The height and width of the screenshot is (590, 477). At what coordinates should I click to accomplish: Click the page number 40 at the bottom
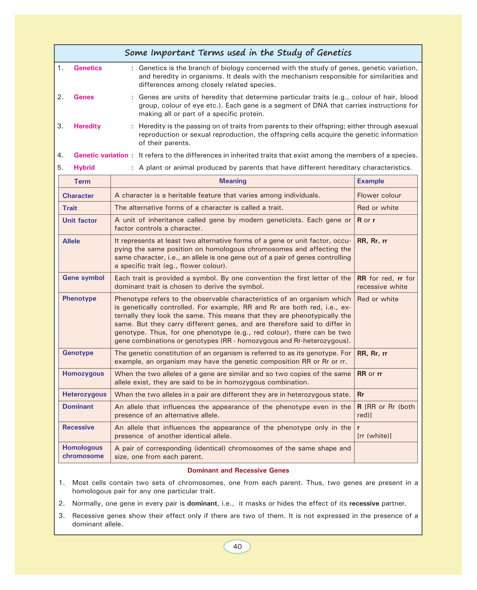click(237, 546)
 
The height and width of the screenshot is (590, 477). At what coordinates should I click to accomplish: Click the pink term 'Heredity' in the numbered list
click(87, 126)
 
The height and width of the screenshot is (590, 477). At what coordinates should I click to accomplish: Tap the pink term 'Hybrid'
click(84, 168)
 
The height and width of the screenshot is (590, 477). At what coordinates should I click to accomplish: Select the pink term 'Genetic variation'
click(101, 155)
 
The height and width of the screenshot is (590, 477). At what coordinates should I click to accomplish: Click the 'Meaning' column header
click(233, 181)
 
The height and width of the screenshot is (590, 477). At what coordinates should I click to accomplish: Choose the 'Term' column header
click(82, 181)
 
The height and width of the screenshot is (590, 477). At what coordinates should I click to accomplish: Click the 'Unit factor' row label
click(80, 220)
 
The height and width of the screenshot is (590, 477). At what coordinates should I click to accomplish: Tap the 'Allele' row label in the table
click(71, 241)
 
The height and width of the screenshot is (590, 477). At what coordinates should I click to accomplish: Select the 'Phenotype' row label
click(79, 298)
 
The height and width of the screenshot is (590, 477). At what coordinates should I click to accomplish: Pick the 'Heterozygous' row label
click(85, 394)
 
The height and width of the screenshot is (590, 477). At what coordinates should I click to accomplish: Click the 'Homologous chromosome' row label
click(83, 452)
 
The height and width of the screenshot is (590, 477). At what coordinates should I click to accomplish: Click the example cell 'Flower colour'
click(379, 196)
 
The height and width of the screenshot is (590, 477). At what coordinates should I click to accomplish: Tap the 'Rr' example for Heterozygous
click(361, 394)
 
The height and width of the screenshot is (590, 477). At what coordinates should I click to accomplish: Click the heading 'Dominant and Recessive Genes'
click(238, 470)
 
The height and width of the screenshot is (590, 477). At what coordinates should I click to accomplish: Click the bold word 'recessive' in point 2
click(364, 503)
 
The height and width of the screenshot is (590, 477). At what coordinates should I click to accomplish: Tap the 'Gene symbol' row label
click(83, 278)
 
